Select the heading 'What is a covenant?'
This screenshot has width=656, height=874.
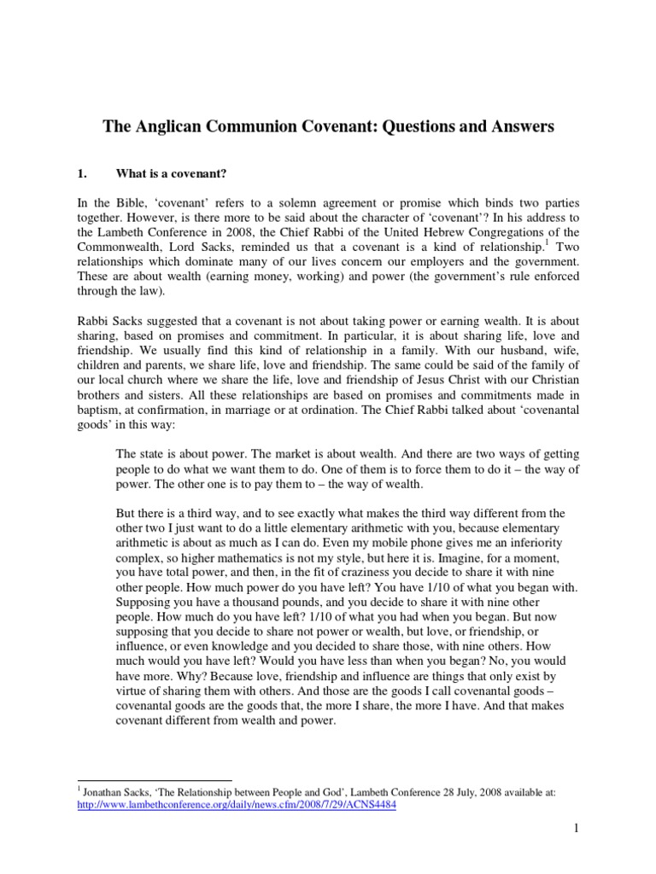click(x=171, y=174)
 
